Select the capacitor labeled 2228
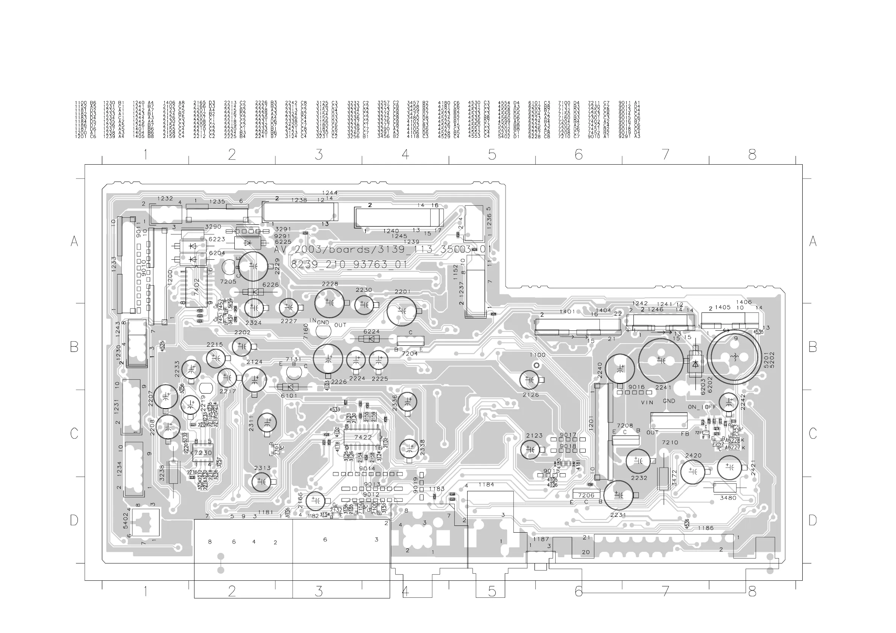330,303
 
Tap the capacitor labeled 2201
402,311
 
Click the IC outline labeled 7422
363,437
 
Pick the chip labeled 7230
202,453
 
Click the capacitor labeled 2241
661,360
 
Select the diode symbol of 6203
695,364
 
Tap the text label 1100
538,355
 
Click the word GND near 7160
323,323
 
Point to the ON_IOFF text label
702,407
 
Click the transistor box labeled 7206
586,495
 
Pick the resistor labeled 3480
725,488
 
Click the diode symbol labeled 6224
371,339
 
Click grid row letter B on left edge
74,347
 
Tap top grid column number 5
492,155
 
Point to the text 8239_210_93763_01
349,264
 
